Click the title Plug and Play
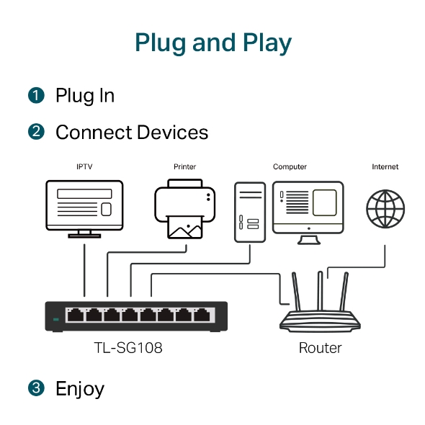coord(212,42)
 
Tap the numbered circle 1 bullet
coord(36,96)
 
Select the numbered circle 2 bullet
coord(36,133)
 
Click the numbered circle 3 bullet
coord(36,389)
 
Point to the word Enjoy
coord(80,390)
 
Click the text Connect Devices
coord(132,133)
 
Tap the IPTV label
coord(84,167)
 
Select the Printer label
coord(184,167)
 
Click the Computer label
coord(290,167)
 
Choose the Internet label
coord(385,167)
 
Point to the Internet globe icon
coord(385,209)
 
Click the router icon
coord(321,310)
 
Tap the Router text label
coord(321,348)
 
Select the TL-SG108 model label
coord(128,348)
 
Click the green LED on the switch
coord(55,318)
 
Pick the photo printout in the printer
coord(184,227)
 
